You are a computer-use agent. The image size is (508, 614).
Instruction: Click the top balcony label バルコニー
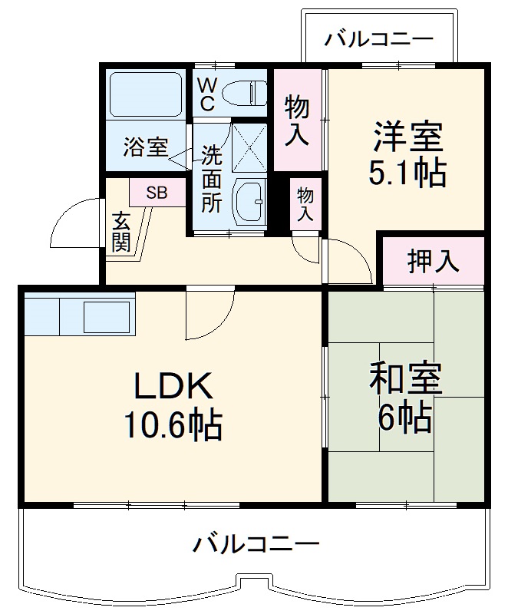point(378,38)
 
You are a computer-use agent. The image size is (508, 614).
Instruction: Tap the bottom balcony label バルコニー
point(256,546)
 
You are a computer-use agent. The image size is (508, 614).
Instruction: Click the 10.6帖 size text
point(173,424)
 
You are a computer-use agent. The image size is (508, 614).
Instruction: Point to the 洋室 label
point(407,138)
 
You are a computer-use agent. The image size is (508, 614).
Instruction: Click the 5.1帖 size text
point(407,174)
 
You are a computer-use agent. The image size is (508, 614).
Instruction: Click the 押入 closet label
point(434,262)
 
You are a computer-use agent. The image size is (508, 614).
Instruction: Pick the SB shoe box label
point(157,193)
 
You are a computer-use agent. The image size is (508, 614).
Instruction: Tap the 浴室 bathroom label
point(146,147)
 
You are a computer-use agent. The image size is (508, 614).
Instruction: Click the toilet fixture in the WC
point(242,93)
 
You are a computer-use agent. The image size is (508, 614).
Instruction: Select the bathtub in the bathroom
point(145,95)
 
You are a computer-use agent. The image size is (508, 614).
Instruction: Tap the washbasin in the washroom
point(249,200)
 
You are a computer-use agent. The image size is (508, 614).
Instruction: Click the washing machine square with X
point(249,145)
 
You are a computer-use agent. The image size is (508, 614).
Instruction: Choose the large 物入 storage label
point(298,120)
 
